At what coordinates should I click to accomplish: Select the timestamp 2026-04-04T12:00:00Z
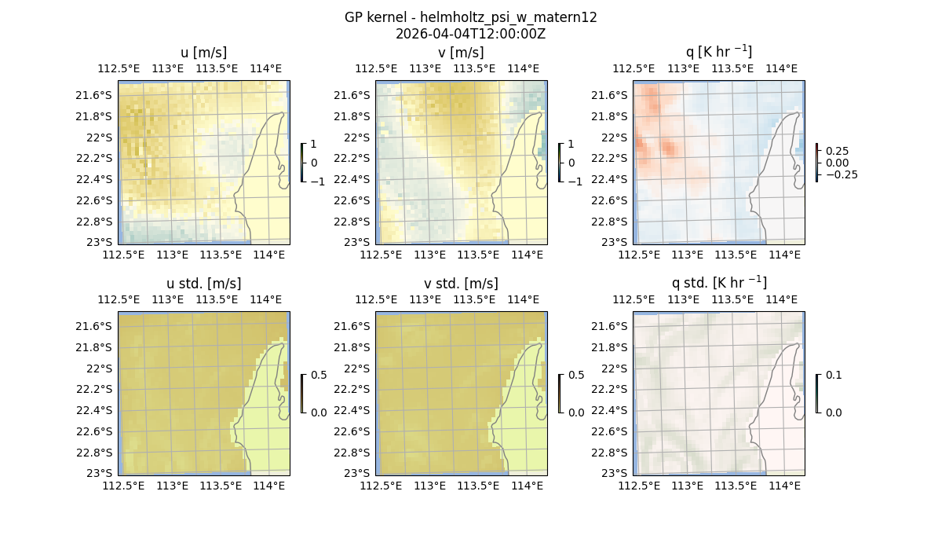point(470,34)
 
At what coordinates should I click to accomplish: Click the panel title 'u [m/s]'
point(203,53)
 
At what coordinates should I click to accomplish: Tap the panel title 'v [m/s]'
point(461,53)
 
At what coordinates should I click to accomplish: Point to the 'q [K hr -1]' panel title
point(718,53)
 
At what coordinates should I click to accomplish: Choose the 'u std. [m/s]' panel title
point(203,284)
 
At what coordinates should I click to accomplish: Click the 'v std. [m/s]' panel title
point(461,284)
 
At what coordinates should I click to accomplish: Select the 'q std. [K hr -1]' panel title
point(718,284)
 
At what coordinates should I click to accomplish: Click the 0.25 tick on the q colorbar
point(837,151)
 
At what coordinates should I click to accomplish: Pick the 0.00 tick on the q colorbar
point(837,163)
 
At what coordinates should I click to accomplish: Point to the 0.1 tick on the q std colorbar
point(832,376)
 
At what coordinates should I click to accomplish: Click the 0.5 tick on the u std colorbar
point(319,376)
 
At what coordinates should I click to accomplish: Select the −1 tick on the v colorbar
point(575,181)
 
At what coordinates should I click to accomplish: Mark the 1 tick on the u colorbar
point(314,145)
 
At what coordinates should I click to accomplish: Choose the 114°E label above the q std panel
point(781,299)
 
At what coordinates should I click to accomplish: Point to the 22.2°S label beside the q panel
point(611,158)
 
